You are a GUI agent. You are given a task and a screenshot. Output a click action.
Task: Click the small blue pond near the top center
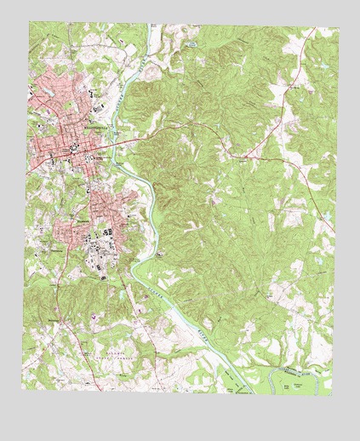[x=194, y=42]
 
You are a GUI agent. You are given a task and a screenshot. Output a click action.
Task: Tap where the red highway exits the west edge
[x=25, y=171]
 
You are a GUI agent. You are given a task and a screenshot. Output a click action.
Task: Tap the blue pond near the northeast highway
[x=294, y=84]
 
